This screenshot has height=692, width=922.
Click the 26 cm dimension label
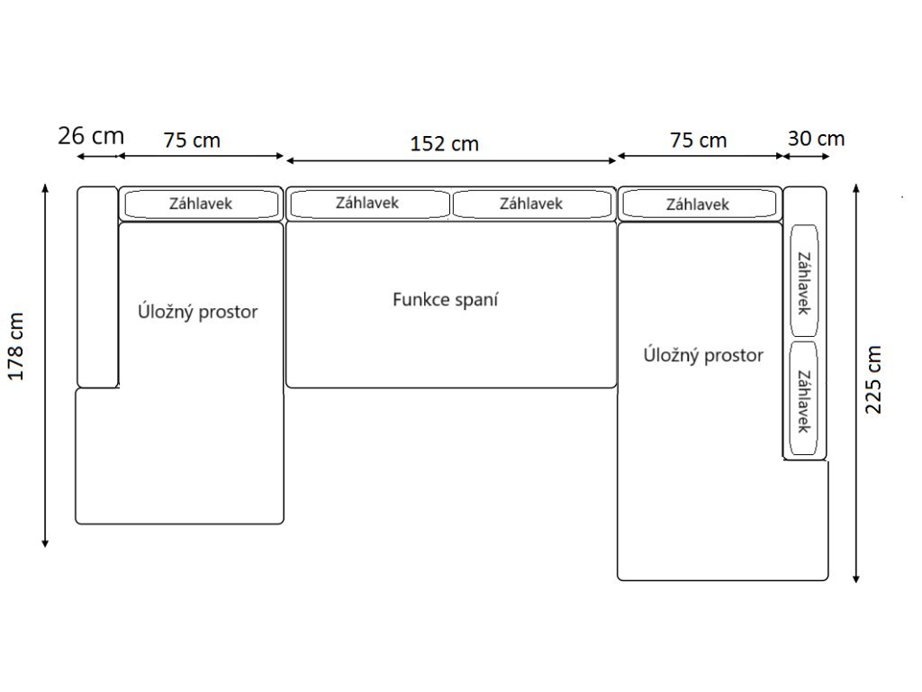(90, 136)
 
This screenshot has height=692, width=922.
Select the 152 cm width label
(444, 143)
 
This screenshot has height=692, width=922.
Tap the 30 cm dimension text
(816, 138)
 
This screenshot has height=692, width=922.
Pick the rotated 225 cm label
(873, 378)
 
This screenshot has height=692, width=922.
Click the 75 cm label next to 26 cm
(192, 140)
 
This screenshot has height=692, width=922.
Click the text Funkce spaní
(445, 299)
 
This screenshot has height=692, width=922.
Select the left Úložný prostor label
(198, 312)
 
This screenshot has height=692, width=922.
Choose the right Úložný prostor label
(703, 355)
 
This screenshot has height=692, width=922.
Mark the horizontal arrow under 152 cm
(450, 159)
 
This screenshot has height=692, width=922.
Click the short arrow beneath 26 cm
(97, 157)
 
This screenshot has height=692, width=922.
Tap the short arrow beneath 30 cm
(805, 157)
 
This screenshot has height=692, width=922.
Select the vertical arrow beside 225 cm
(856, 382)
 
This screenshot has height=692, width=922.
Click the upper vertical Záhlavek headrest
(803, 281)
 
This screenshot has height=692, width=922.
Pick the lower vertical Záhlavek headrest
(803, 399)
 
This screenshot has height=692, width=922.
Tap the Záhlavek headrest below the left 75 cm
(201, 204)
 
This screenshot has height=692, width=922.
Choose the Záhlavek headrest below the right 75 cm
(698, 205)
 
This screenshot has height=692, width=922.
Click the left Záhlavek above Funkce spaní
(368, 204)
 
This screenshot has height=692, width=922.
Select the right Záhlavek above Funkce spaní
(532, 204)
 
